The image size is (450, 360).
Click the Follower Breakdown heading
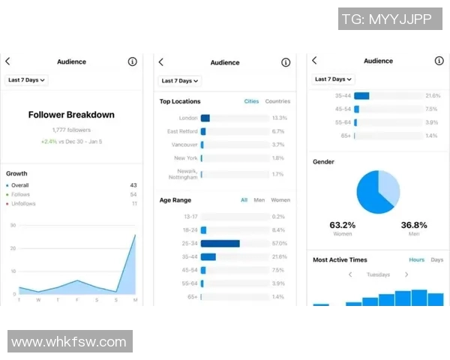pos(71,115)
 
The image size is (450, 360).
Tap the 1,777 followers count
pos(71,130)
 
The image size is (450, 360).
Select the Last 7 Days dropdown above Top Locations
pos(180,80)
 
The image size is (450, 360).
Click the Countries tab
pos(277,101)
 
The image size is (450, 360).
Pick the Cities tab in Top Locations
pos(251,101)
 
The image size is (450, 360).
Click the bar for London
pos(205,118)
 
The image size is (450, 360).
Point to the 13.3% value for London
pos(280,118)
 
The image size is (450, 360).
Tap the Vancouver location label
pos(184,145)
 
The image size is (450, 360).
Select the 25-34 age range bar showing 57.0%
pos(220,244)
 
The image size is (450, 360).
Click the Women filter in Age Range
pos(280,200)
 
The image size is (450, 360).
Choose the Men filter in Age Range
pos(259,200)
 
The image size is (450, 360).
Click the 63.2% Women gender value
pos(343,225)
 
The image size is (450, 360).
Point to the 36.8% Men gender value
pos(413,225)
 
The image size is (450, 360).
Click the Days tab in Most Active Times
pos(436,259)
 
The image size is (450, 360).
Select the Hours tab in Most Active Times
pos(416,259)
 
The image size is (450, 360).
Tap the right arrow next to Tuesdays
pos(406,274)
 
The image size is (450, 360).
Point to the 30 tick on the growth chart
pos(13,225)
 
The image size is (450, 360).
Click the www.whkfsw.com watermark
pos(69,342)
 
